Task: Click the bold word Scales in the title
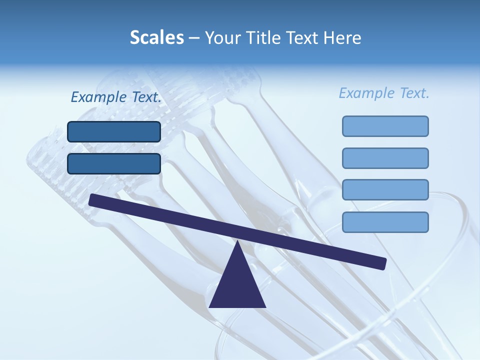[x=156, y=38]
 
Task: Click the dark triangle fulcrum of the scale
[x=237, y=282]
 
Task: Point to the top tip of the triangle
[x=238, y=242]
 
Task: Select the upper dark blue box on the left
[x=114, y=131]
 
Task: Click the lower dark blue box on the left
[x=114, y=163]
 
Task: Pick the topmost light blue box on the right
[x=385, y=126]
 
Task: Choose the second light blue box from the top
[x=385, y=158]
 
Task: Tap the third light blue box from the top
[x=385, y=190]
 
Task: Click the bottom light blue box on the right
[x=385, y=222]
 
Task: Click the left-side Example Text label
[x=116, y=97]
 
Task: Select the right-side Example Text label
[x=384, y=93]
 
